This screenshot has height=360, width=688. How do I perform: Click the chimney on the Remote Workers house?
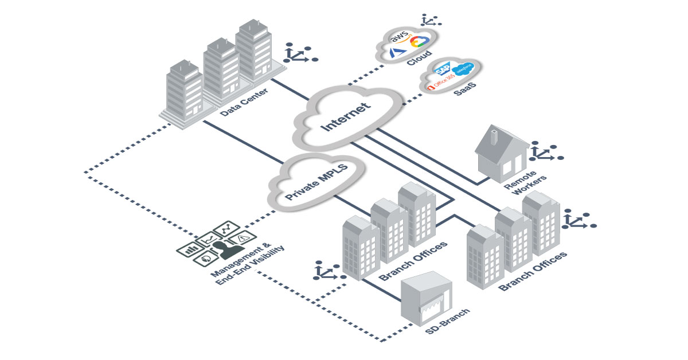click(494, 135)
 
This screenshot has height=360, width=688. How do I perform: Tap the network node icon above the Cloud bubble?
click(427, 21)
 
